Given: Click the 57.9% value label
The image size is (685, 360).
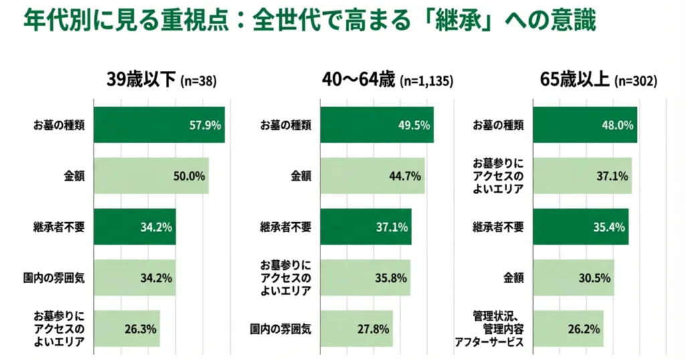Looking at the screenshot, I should [x=205, y=125].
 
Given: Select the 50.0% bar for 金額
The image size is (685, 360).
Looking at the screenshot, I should [x=151, y=176].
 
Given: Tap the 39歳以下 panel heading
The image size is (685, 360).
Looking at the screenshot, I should [x=141, y=80].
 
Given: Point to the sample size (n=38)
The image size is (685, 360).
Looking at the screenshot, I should [x=199, y=82].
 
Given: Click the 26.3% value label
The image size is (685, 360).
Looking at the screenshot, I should [x=140, y=329].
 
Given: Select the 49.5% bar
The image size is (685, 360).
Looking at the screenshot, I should [x=378, y=125].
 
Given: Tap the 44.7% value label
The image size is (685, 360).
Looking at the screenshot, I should [x=405, y=176].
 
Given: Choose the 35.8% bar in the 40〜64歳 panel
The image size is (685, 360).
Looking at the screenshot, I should [x=366, y=278].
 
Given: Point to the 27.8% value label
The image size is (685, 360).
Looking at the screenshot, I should [x=373, y=329].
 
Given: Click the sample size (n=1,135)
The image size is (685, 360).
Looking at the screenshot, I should [x=427, y=82].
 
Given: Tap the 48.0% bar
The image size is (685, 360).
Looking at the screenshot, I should [x=585, y=125].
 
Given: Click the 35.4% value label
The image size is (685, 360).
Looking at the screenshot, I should [x=609, y=227].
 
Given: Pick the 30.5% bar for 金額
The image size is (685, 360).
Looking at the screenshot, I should [x=573, y=278].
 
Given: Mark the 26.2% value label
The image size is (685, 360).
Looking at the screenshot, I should [x=585, y=329].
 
